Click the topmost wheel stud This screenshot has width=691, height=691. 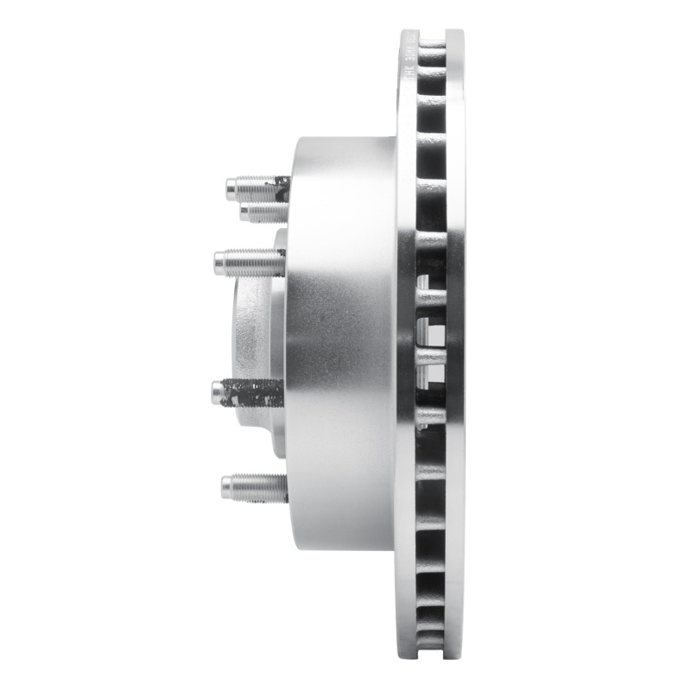click(x=255, y=186)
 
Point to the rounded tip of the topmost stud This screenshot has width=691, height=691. click(x=231, y=186)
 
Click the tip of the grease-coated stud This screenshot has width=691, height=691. click(x=217, y=393)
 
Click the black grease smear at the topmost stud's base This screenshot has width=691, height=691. click(x=281, y=183)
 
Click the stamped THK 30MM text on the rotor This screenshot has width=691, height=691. click(x=409, y=65)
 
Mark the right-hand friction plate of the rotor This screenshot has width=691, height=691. click(x=455, y=345)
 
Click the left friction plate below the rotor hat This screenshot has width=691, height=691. click(x=407, y=587)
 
